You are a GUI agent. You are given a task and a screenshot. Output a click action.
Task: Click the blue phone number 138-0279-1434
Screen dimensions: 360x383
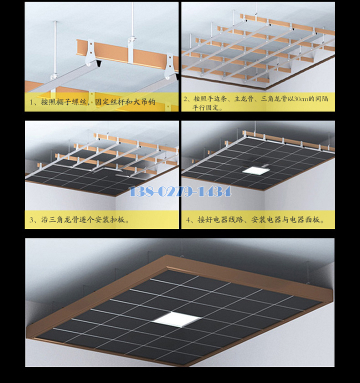pos(180,191)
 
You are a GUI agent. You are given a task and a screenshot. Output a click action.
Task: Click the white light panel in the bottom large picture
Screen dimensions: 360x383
pos(176,319)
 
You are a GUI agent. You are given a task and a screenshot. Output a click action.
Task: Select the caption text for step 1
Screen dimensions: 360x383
pos(92,101)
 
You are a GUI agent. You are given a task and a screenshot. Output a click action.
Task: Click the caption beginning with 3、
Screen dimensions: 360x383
pos(79,220)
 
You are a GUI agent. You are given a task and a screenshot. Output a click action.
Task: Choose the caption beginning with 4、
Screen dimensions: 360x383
pos(255,220)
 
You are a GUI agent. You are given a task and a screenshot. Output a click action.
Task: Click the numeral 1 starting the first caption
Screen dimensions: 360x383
pos(31,102)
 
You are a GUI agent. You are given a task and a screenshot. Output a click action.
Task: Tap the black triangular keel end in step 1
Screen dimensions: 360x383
pos(98,64)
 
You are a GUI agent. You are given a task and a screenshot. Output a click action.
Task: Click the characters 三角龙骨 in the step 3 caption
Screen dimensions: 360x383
pos(64,220)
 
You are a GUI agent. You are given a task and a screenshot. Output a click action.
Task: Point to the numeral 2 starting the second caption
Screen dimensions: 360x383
pos(185,99)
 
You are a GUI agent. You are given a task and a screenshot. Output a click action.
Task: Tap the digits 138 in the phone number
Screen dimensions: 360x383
pos(140,191)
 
